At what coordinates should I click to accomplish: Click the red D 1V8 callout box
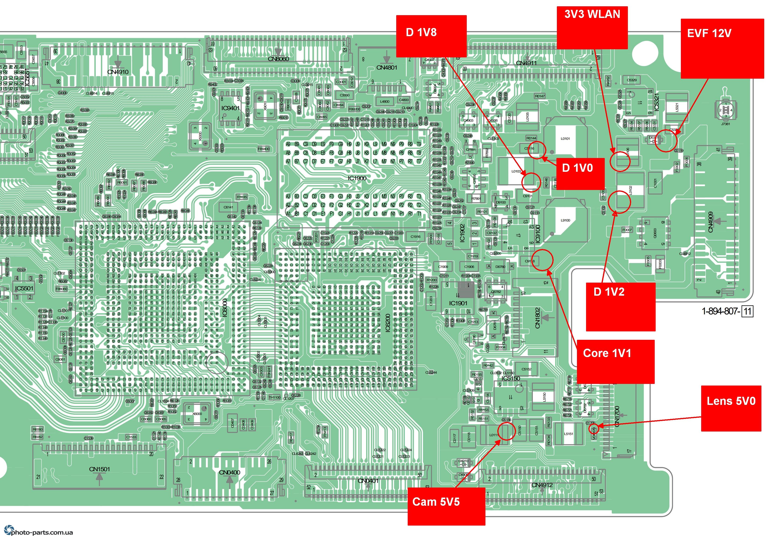[x=431, y=36]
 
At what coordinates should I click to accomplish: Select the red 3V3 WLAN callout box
[x=592, y=28]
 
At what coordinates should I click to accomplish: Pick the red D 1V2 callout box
[x=620, y=306]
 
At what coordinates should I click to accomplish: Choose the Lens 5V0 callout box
[x=731, y=408]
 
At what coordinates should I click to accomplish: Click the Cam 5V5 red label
[x=446, y=506]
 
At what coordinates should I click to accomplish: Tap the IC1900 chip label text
[x=357, y=178]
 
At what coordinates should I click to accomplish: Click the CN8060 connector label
[x=278, y=59]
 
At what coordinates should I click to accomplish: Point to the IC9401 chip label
[x=230, y=108]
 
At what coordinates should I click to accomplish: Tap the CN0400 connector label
[x=229, y=472]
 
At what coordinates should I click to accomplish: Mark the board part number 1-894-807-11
[x=727, y=311]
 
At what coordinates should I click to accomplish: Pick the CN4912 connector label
[x=542, y=485]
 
